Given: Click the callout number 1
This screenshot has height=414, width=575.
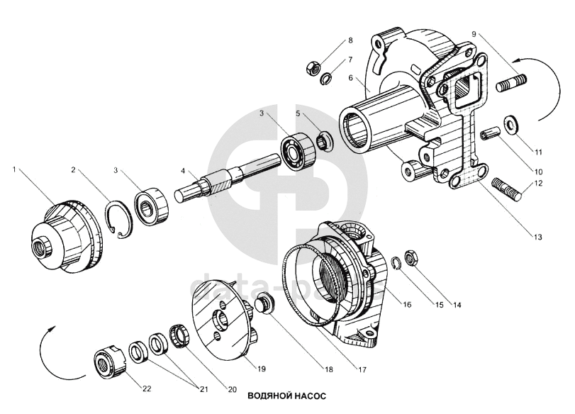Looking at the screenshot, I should coord(13,169).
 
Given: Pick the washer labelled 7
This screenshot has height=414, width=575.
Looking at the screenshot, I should coord(327,78).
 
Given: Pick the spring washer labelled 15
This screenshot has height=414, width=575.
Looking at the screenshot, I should coord(396,264).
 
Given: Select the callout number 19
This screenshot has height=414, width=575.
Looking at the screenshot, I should coord(261,368).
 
